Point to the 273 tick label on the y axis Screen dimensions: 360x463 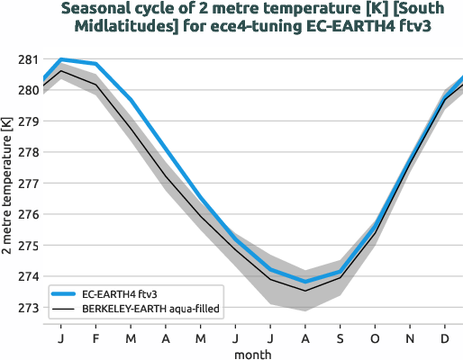click(27, 308)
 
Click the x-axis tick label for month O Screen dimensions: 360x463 click(375, 339)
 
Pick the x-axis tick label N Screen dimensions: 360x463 click(410, 339)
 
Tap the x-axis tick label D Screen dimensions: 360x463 click(445, 339)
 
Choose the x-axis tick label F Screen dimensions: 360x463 click(95, 339)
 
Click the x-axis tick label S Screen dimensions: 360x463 click(340, 339)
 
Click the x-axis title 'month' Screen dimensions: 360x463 click(252, 354)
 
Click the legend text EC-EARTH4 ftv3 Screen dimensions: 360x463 click(120, 293)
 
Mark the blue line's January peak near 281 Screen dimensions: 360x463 click(60, 59)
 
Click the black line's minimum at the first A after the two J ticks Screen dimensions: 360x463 click(305, 290)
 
